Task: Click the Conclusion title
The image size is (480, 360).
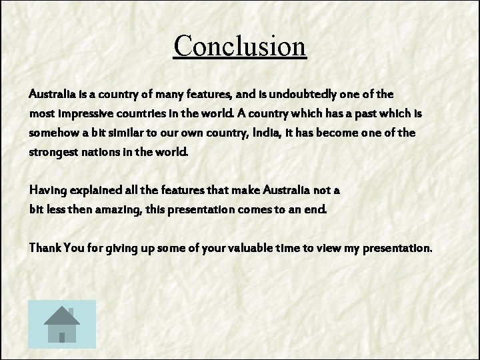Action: tap(240, 46)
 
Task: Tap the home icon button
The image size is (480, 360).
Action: tap(63, 324)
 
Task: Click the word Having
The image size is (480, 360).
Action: tap(46, 190)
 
